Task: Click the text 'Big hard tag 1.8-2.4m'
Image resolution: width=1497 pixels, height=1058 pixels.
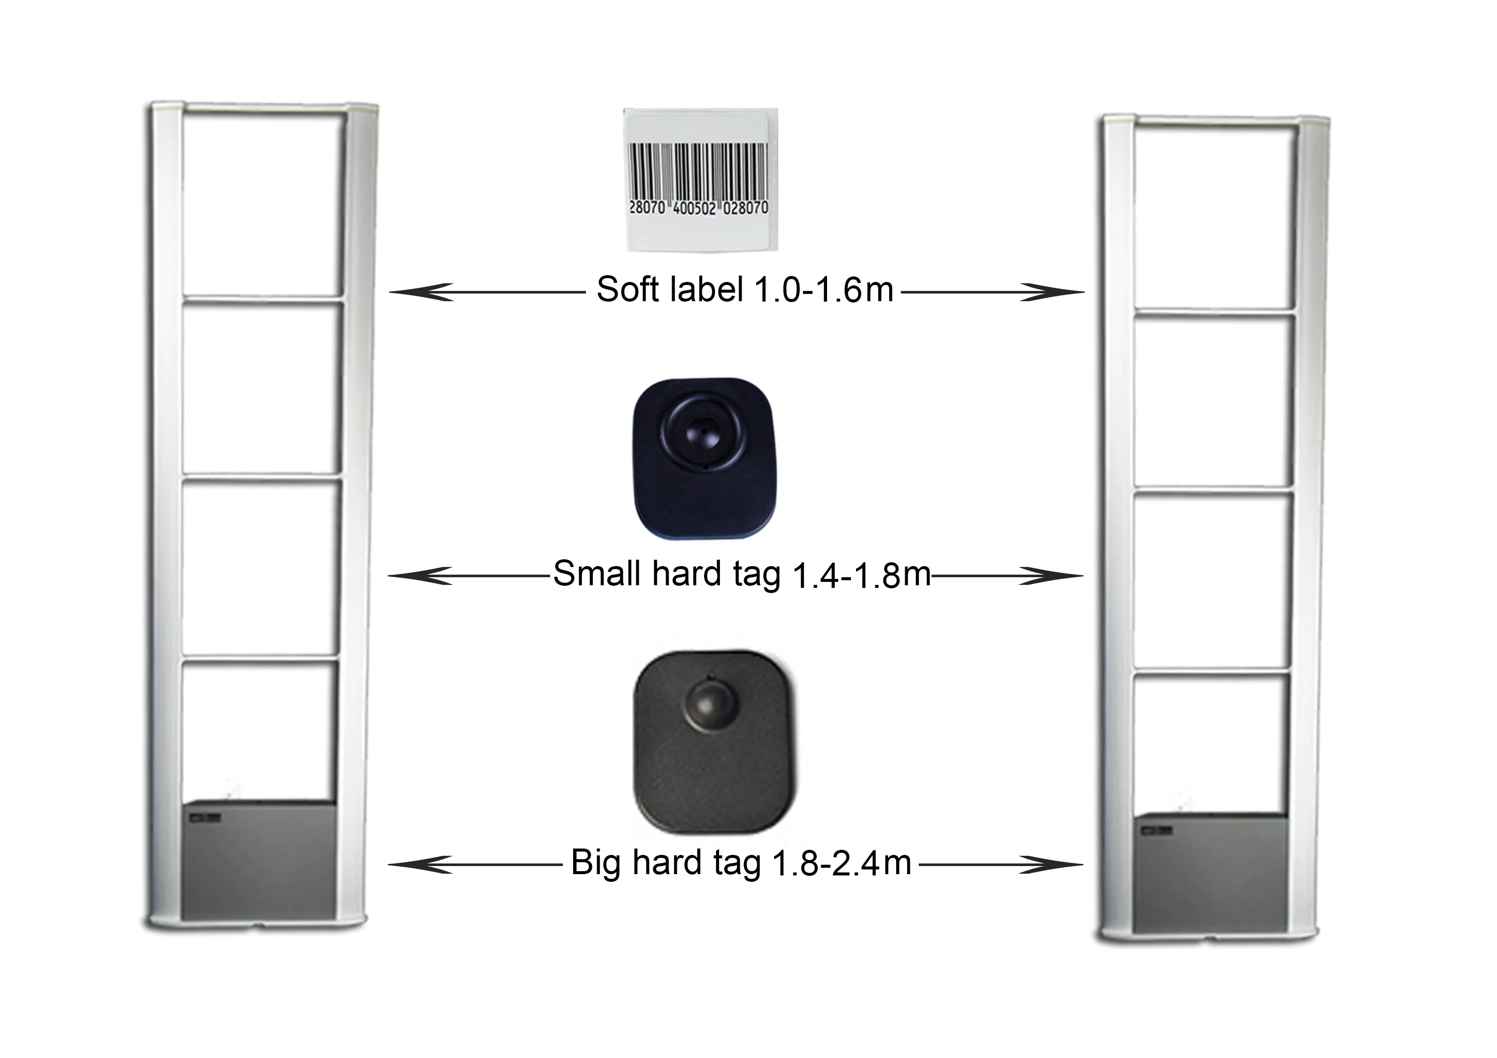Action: [741, 863]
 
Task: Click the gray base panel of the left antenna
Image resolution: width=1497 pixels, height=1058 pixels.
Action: [259, 860]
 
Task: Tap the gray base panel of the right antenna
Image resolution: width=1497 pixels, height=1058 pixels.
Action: [1209, 874]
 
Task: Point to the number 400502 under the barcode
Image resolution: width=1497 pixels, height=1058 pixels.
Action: [694, 208]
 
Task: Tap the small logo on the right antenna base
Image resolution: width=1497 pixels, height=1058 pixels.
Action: [1156, 830]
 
